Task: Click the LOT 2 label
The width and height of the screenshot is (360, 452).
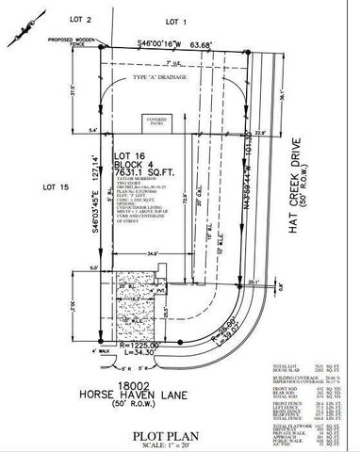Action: pos(83,20)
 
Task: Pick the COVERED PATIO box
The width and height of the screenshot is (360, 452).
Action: pos(155,122)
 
